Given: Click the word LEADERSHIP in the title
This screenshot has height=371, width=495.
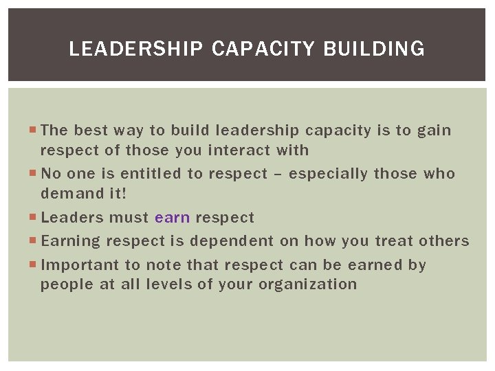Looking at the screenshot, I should pos(137,49).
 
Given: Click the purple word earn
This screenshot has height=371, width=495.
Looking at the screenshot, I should pos(173,218).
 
